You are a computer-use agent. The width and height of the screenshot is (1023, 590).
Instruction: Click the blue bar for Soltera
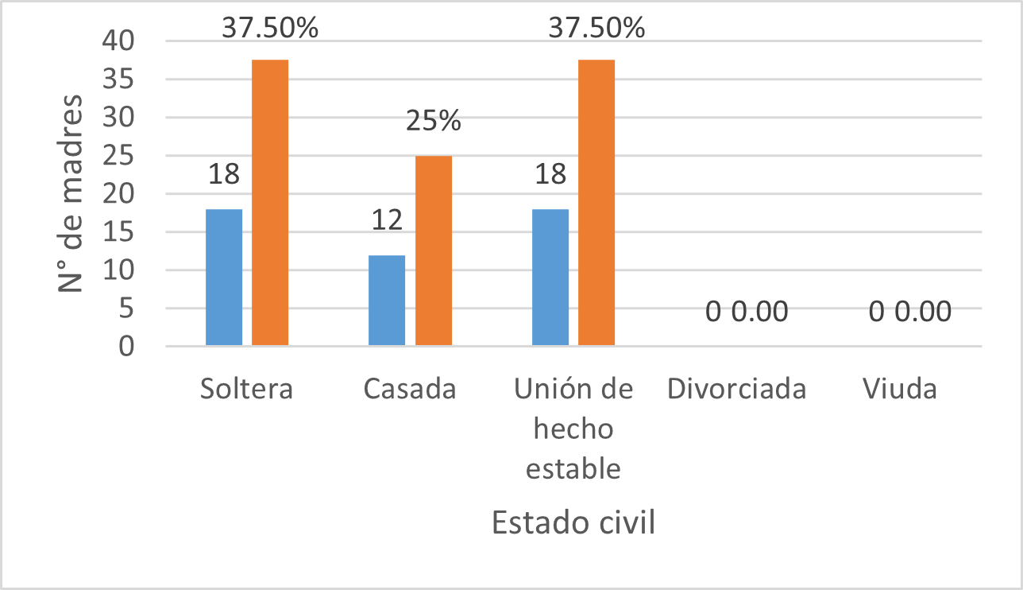pyautogui.click(x=224, y=277)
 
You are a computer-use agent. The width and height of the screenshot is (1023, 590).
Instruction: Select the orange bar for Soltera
pyautogui.click(x=270, y=203)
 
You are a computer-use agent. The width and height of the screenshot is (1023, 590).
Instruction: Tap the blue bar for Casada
pyautogui.click(x=387, y=300)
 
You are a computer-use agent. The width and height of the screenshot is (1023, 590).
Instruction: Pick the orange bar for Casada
pyautogui.click(x=434, y=250)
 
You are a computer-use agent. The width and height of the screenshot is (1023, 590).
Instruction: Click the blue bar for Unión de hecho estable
pyautogui.click(x=550, y=277)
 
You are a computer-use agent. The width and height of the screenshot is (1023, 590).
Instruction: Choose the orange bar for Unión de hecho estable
pyautogui.click(x=596, y=203)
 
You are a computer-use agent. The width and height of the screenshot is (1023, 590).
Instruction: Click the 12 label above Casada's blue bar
pyautogui.click(x=388, y=220)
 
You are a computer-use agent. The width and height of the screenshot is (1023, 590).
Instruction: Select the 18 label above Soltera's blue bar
pyautogui.click(x=225, y=174)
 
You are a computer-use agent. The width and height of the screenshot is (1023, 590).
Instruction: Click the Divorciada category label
pyautogui.click(x=737, y=390)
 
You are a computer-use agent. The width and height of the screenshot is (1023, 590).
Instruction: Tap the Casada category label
pyautogui.click(x=410, y=390)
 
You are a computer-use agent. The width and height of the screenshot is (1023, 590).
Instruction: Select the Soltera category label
pyautogui.click(x=247, y=390)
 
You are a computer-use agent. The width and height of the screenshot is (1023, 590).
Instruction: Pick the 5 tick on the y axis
pyautogui.click(x=128, y=309)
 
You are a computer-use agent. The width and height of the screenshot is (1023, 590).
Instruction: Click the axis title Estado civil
pyautogui.click(x=573, y=524)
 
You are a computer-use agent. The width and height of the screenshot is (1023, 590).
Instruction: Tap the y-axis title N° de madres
pyautogui.click(x=71, y=192)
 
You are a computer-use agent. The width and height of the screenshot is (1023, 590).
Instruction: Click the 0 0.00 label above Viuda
pyautogui.click(x=910, y=312)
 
